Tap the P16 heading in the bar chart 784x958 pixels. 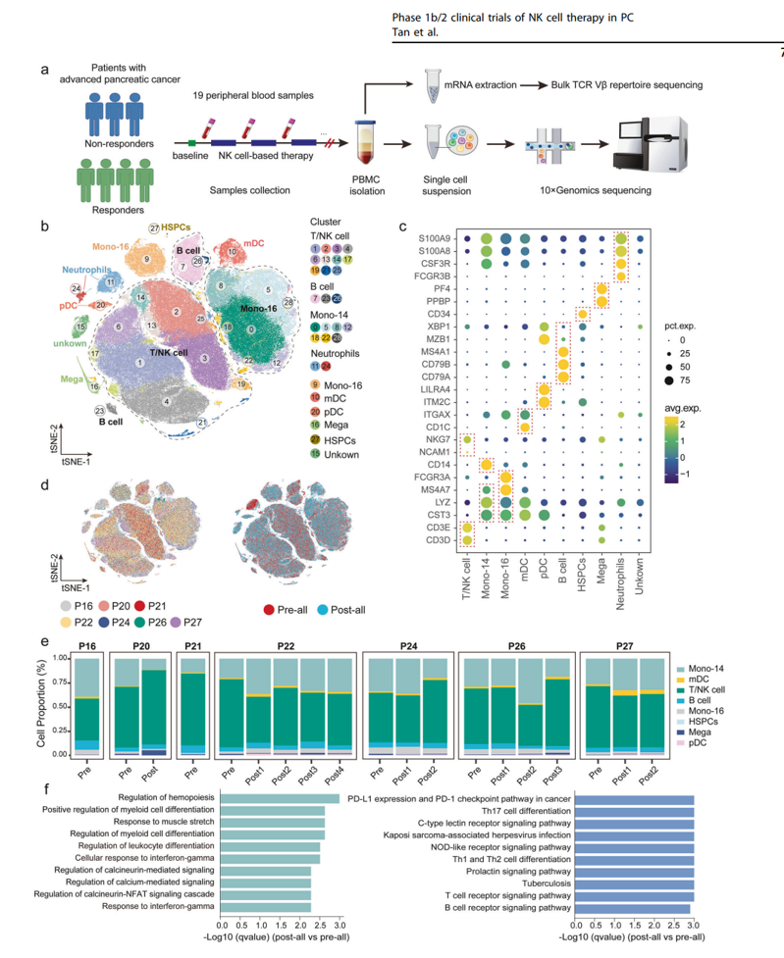pyautogui.click(x=88, y=646)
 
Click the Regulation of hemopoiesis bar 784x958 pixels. pyautogui.click(x=281, y=798)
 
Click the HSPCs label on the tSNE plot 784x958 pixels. pyautogui.click(x=177, y=227)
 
